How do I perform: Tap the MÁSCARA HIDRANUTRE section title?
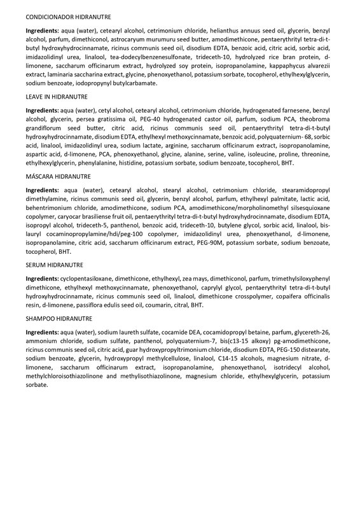(x=59, y=176)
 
